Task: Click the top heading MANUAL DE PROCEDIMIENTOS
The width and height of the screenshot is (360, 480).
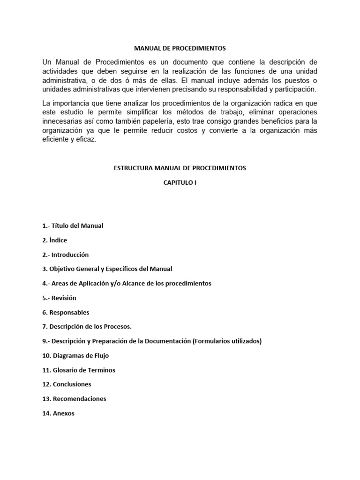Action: click(180, 48)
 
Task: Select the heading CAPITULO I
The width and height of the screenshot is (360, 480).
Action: click(180, 183)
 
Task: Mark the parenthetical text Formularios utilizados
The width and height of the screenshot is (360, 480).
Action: click(227, 341)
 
